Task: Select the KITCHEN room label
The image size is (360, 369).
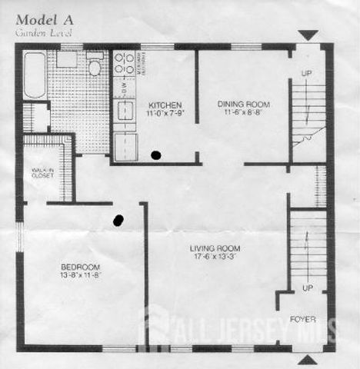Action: tap(164, 105)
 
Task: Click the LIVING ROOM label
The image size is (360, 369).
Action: tap(215, 248)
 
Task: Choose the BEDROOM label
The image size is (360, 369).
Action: tap(81, 267)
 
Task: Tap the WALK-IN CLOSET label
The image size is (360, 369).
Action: tap(42, 172)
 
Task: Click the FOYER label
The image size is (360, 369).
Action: tap(306, 318)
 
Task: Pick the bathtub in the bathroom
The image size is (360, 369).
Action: tap(34, 75)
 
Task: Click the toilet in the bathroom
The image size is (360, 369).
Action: tap(95, 66)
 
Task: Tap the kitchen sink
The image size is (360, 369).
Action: tap(125, 111)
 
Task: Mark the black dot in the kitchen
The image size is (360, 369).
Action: tap(156, 155)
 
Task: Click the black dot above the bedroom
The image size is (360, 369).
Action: tap(118, 220)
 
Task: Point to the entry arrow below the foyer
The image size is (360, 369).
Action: tap(308, 359)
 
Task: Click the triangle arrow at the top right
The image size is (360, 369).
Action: tap(308, 35)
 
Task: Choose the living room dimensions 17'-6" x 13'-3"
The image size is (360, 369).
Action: tap(215, 258)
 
